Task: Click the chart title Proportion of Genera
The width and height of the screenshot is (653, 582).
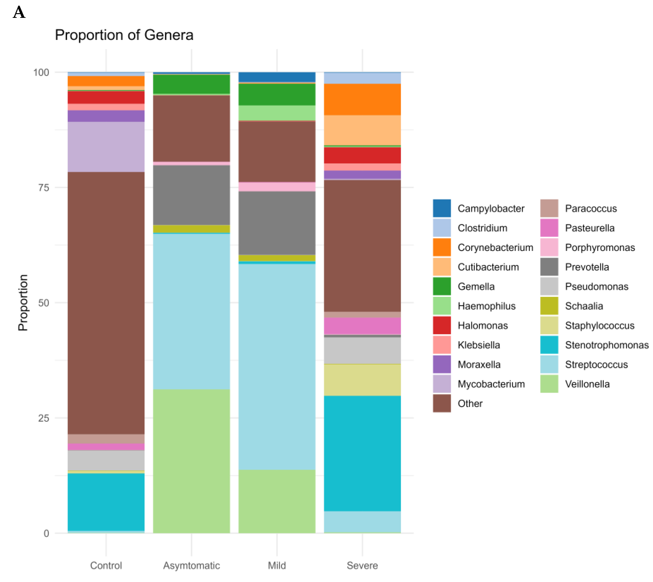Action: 124,35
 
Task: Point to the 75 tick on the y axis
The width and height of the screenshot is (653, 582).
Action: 43,188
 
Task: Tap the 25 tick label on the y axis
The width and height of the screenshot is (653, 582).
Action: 43,418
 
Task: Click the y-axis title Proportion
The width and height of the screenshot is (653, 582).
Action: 23,302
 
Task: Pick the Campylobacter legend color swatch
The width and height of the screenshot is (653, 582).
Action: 442,208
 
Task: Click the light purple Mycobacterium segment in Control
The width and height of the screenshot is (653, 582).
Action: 106,147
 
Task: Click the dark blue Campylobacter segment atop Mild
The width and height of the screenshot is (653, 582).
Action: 277,77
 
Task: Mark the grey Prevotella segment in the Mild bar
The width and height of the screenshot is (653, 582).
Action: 277,223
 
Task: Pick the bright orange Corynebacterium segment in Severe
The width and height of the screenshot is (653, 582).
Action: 362,99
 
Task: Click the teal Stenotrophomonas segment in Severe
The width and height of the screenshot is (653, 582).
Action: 362,453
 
